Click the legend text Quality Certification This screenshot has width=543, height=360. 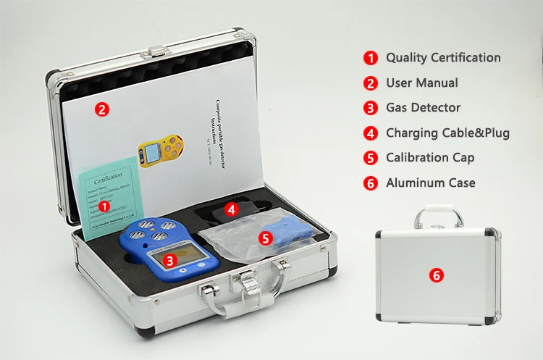tap(442, 57)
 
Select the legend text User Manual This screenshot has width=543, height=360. tap(421, 83)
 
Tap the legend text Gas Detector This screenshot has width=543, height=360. tap(423, 107)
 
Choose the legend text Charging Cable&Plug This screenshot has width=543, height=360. tap(447, 133)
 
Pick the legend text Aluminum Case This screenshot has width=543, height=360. tap(430, 183)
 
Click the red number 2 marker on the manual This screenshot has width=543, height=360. tap(103, 111)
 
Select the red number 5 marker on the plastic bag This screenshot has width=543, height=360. tap(265, 237)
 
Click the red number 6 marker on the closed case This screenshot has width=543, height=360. tap(436, 275)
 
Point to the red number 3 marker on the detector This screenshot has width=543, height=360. tap(169, 259)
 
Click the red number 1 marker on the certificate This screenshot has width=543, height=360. tap(104, 206)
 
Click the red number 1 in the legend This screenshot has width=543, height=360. tap(371, 58)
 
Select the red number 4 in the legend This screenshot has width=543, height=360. tap(371, 133)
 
